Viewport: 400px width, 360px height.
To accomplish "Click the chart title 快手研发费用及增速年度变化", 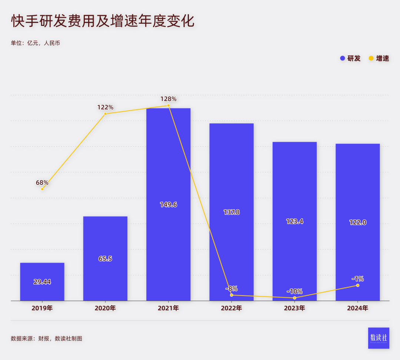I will click(x=103, y=21).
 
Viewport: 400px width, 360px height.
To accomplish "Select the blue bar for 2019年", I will click(x=42, y=281).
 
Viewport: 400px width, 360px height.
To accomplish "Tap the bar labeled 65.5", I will click(x=105, y=259).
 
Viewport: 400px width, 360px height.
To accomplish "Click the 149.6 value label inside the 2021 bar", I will click(x=169, y=204).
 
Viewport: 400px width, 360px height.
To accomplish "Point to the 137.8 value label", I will click(x=231, y=212).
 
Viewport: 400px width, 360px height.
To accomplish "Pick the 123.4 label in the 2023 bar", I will click(x=294, y=221).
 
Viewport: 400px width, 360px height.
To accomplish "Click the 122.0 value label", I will click(x=358, y=222).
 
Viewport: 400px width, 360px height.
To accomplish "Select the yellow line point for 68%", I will click(x=42, y=189).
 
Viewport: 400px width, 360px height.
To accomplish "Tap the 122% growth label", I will click(x=105, y=107).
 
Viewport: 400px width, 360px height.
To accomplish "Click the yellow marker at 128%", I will click(x=169, y=106).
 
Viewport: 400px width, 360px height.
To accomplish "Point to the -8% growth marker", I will click(x=231, y=295).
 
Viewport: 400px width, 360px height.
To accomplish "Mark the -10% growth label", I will click(x=294, y=291).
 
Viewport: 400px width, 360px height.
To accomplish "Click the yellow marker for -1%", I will click(x=358, y=285).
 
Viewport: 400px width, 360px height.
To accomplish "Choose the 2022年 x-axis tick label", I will click(x=231, y=308).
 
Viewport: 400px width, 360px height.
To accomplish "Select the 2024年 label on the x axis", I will click(x=358, y=308).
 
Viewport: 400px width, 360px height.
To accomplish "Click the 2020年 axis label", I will click(x=105, y=308).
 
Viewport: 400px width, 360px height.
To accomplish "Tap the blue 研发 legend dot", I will click(x=343, y=58).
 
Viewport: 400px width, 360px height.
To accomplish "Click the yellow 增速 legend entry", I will click(x=379, y=58).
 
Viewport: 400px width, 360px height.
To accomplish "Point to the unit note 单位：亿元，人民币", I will click(x=36, y=43).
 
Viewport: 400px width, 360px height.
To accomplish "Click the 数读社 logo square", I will click(x=379, y=338).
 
